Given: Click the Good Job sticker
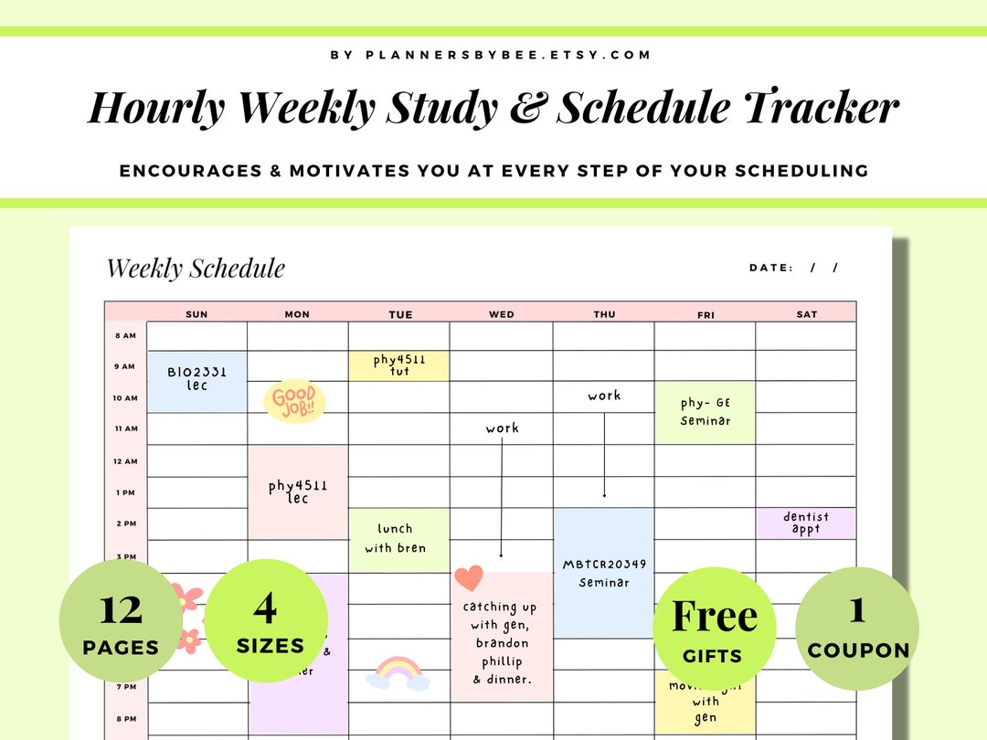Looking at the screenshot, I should [294, 402].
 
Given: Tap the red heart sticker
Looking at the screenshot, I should [468, 578].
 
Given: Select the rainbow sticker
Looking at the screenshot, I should [398, 672].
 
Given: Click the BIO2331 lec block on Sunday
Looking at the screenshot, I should [196, 380].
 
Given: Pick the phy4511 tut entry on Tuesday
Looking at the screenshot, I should [398, 365].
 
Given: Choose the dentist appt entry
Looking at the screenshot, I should [806, 523].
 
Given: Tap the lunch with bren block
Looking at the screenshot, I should [398, 539].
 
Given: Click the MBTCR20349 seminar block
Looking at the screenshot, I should [604, 573].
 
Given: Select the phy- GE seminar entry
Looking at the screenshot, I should [706, 412].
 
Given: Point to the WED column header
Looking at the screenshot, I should [502, 314].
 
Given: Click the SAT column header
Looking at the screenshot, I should [806, 314].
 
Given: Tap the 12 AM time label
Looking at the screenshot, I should [124, 461].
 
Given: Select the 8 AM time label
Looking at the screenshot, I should [125, 335].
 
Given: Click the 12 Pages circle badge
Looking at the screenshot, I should [121, 621].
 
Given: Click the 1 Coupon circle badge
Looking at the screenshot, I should [857, 628].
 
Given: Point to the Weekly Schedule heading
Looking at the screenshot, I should [196, 269].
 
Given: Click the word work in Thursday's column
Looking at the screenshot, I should [604, 396].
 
